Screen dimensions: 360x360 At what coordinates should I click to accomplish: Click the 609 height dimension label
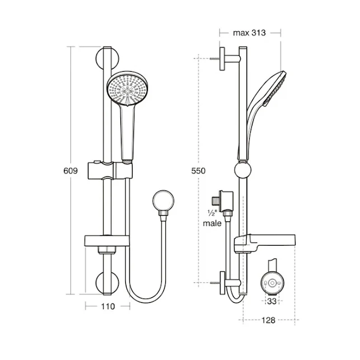tap(71, 171)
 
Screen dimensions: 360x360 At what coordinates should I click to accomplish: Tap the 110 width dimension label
tap(107, 306)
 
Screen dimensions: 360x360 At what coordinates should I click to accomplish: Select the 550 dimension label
tap(198, 171)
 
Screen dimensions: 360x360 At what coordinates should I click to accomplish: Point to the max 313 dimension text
tap(249, 33)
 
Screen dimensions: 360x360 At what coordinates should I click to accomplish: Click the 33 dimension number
tap(272, 301)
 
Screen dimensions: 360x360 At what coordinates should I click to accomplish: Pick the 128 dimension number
tap(268, 320)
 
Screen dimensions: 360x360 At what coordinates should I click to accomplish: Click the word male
tap(212, 223)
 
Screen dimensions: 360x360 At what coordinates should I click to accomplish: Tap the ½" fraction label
tap(212, 213)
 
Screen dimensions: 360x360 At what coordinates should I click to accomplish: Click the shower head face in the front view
tap(128, 88)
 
